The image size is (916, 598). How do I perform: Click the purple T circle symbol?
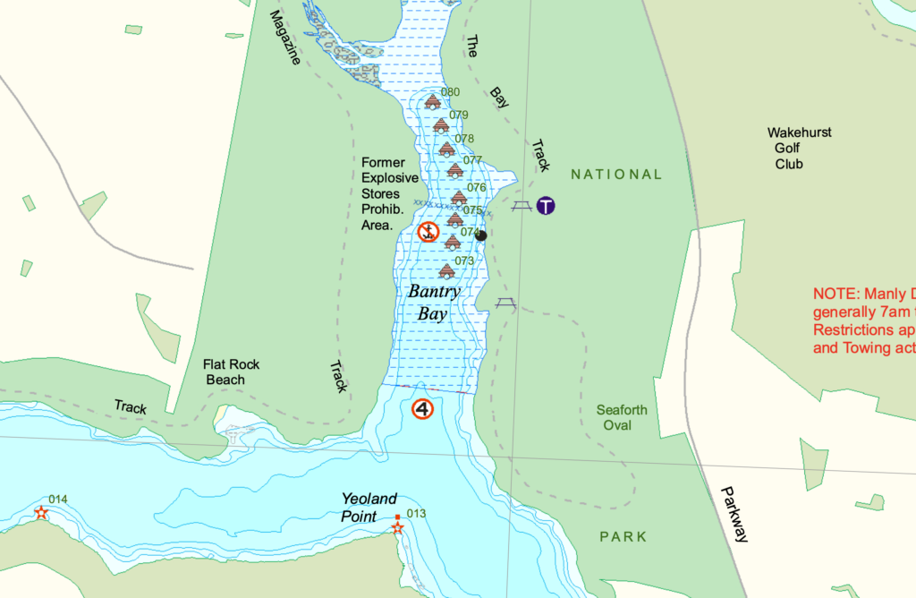pos(546,206)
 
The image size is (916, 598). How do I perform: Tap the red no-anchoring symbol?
pos(428,233)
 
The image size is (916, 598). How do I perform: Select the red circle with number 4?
pos(422,409)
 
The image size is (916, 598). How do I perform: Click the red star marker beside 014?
pos(41,513)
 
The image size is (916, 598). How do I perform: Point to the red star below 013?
pos(397,529)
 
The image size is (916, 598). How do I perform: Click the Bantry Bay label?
pos(434,303)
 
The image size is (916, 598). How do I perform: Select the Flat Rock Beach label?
pos(225,372)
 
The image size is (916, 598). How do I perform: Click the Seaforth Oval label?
pos(621,417)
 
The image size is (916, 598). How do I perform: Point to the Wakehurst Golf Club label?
pos(799,148)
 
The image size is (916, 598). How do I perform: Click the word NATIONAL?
pos(616,175)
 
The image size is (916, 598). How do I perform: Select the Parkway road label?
pos(734,514)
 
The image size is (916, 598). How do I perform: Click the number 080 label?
pos(450,92)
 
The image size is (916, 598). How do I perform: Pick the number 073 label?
pos(464,261)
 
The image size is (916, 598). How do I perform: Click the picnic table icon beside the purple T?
pos(522,207)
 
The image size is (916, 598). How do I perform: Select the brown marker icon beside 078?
pos(446,149)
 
